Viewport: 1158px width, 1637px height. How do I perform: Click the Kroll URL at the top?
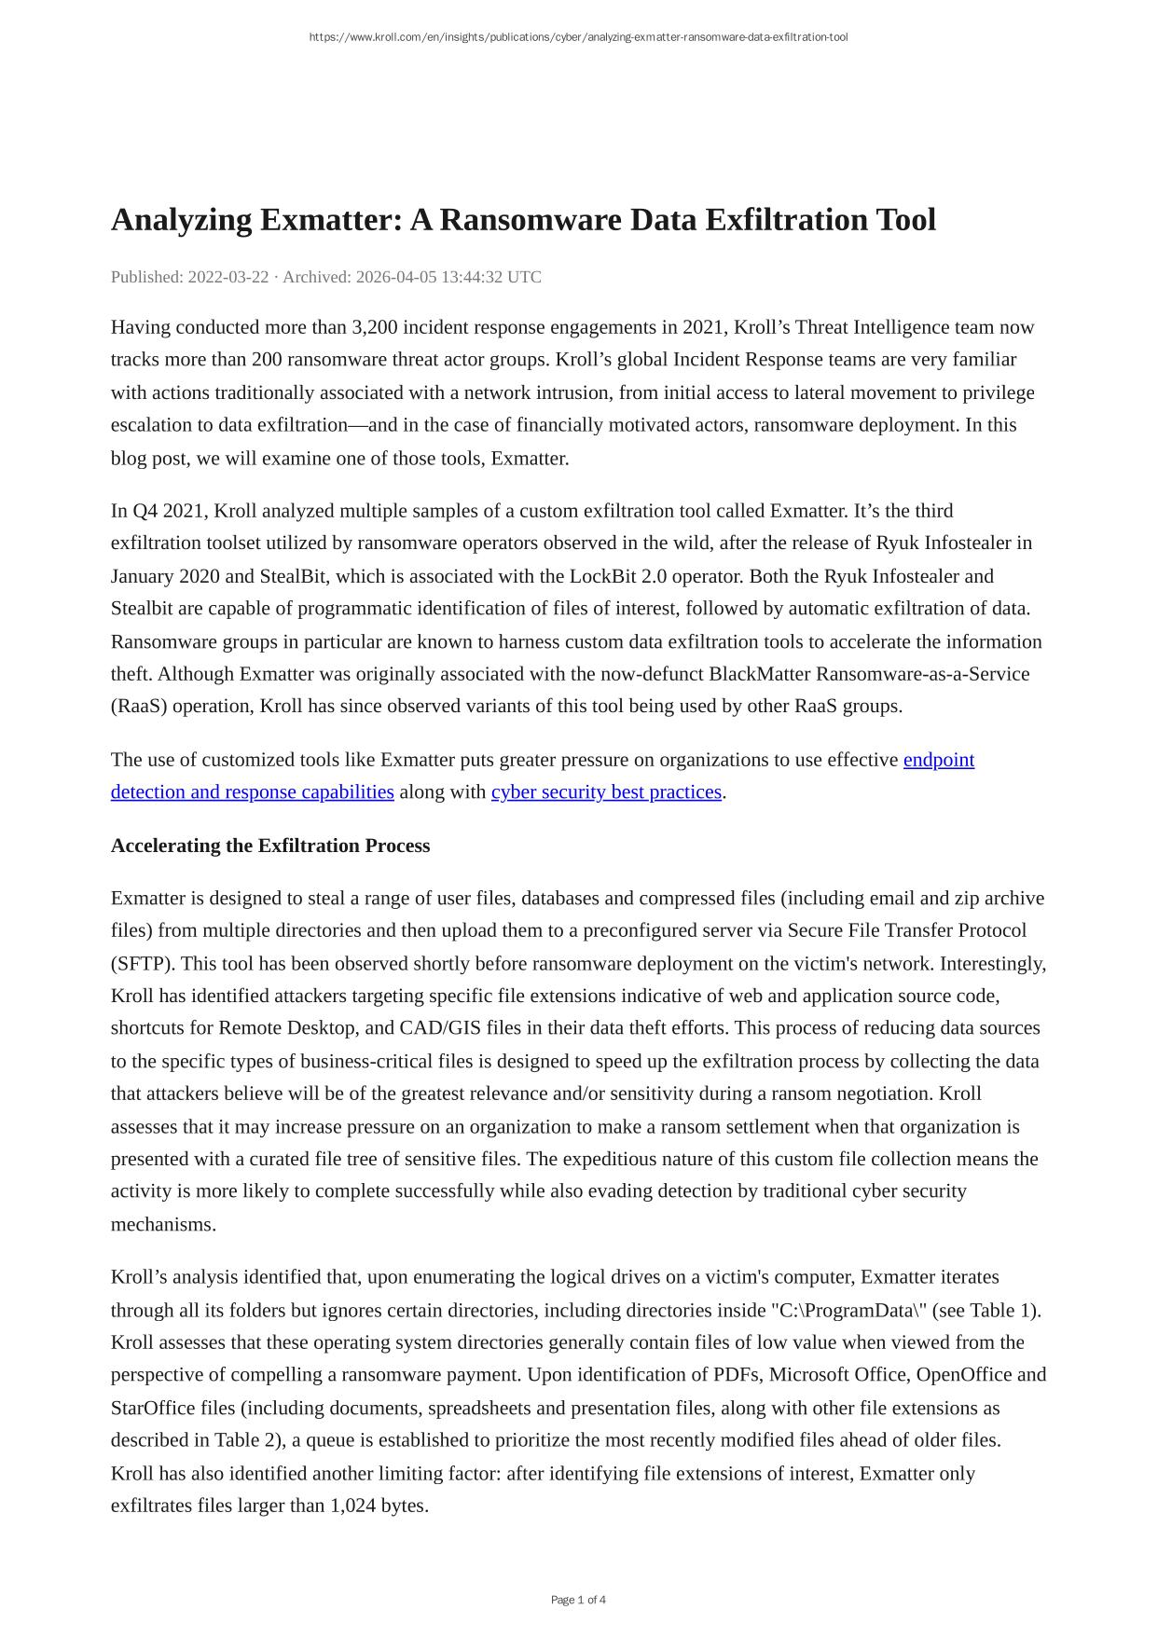(x=578, y=37)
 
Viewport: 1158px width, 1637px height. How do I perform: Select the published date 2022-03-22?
(x=228, y=277)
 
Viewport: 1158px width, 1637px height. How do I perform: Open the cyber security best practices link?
(x=606, y=792)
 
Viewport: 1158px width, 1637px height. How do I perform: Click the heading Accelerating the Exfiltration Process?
(x=270, y=846)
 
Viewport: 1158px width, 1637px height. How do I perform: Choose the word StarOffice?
(x=153, y=1409)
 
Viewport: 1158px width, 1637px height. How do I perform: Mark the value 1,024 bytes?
(x=379, y=1506)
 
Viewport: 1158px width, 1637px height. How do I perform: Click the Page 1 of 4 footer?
(x=578, y=1601)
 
